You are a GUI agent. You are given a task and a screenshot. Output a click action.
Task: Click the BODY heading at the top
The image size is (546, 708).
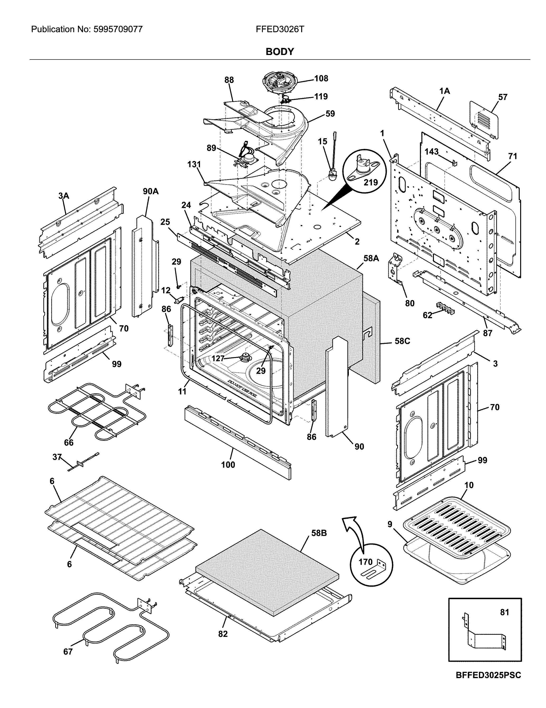279,51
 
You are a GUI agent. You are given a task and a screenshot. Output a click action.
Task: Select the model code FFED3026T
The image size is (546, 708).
280,29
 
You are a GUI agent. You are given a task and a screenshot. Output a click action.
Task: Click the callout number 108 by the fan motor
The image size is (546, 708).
321,78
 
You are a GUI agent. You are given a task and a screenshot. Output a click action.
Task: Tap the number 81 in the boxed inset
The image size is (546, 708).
505,612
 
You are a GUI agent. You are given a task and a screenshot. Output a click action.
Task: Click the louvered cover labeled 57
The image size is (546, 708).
483,119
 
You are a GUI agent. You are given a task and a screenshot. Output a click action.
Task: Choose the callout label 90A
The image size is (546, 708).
151,191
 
